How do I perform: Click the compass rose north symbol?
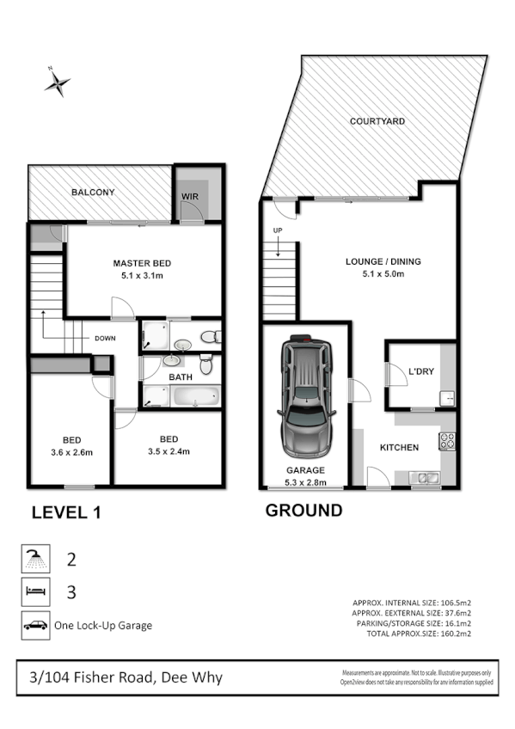(x=58, y=82)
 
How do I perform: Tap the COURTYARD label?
(x=377, y=122)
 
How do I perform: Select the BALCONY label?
(x=93, y=193)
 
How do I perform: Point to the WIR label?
(x=190, y=197)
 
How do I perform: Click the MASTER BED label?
(x=142, y=262)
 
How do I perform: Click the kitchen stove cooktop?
(x=446, y=442)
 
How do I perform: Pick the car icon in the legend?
(x=36, y=626)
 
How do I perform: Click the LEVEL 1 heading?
(x=66, y=513)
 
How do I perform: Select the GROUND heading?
(x=303, y=511)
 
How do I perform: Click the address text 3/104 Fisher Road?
(x=120, y=677)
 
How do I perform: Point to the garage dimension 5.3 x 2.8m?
(x=305, y=481)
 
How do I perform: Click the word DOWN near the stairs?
(x=105, y=338)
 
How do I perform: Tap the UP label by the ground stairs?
(x=277, y=231)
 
